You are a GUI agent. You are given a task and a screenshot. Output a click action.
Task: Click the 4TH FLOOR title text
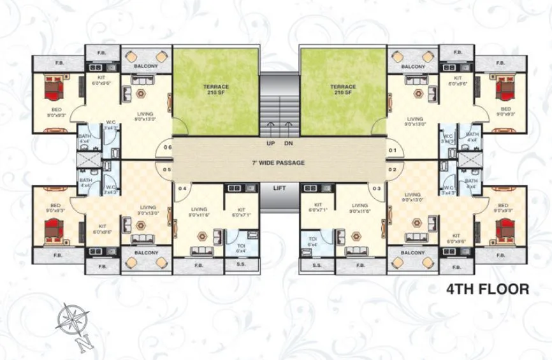pyautogui.click(x=488, y=289)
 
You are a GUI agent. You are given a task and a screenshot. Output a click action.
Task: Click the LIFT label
pyautogui.click(x=278, y=189)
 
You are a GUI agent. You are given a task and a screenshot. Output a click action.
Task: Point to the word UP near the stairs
pyautogui.click(x=270, y=143)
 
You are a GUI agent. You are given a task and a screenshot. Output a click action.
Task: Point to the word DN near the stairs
pyautogui.click(x=288, y=143)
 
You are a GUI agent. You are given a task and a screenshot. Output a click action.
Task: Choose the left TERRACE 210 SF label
pyautogui.click(x=215, y=89)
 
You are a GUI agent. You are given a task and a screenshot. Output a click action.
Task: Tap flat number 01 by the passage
pyautogui.click(x=393, y=151)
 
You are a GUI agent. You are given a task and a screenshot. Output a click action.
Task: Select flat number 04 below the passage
pyautogui.click(x=182, y=189)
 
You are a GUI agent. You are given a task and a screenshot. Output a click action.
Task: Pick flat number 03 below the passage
pyautogui.click(x=377, y=189)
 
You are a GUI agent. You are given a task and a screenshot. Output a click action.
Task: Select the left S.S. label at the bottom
pyautogui.click(x=241, y=264)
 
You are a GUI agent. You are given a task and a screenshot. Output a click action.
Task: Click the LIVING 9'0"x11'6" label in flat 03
pyautogui.click(x=360, y=208)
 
